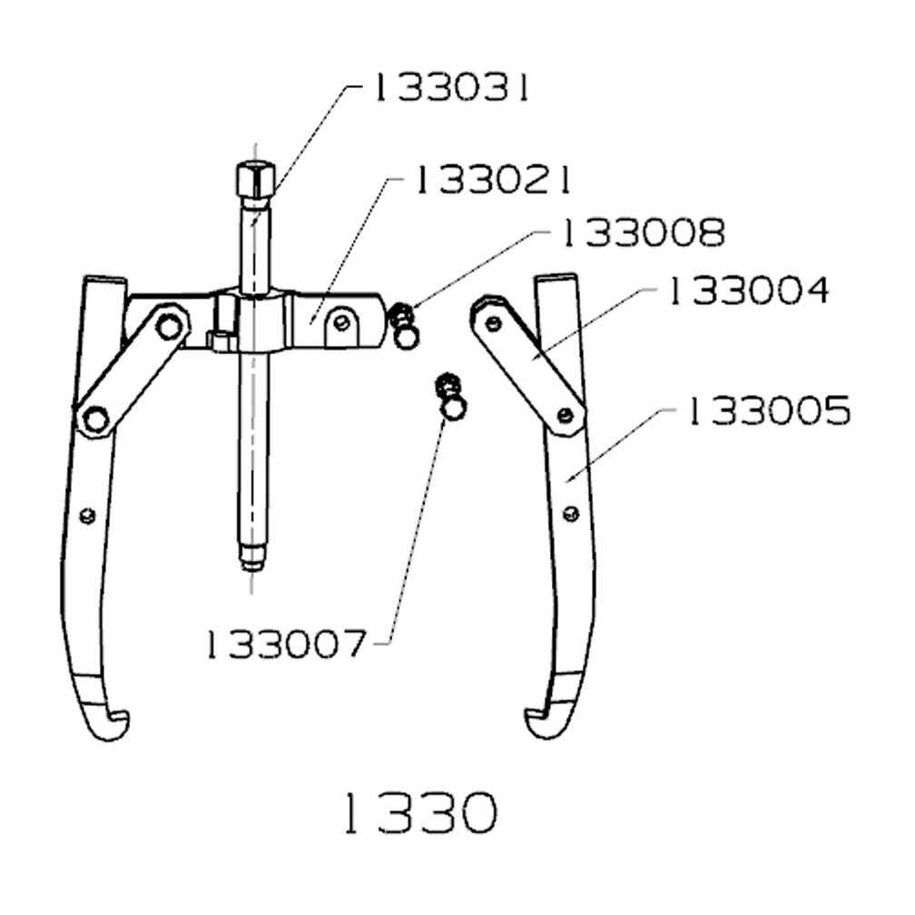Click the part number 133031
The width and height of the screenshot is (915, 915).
(448, 89)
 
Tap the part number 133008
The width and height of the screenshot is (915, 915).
(643, 233)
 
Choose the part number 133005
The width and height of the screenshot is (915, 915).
(768, 411)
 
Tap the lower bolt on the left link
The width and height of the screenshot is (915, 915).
(94, 419)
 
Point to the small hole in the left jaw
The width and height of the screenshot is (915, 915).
(87, 516)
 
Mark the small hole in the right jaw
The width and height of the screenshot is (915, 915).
(569, 515)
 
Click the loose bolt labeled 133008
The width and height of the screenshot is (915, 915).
(404, 328)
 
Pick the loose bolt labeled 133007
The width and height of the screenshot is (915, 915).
(450, 398)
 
